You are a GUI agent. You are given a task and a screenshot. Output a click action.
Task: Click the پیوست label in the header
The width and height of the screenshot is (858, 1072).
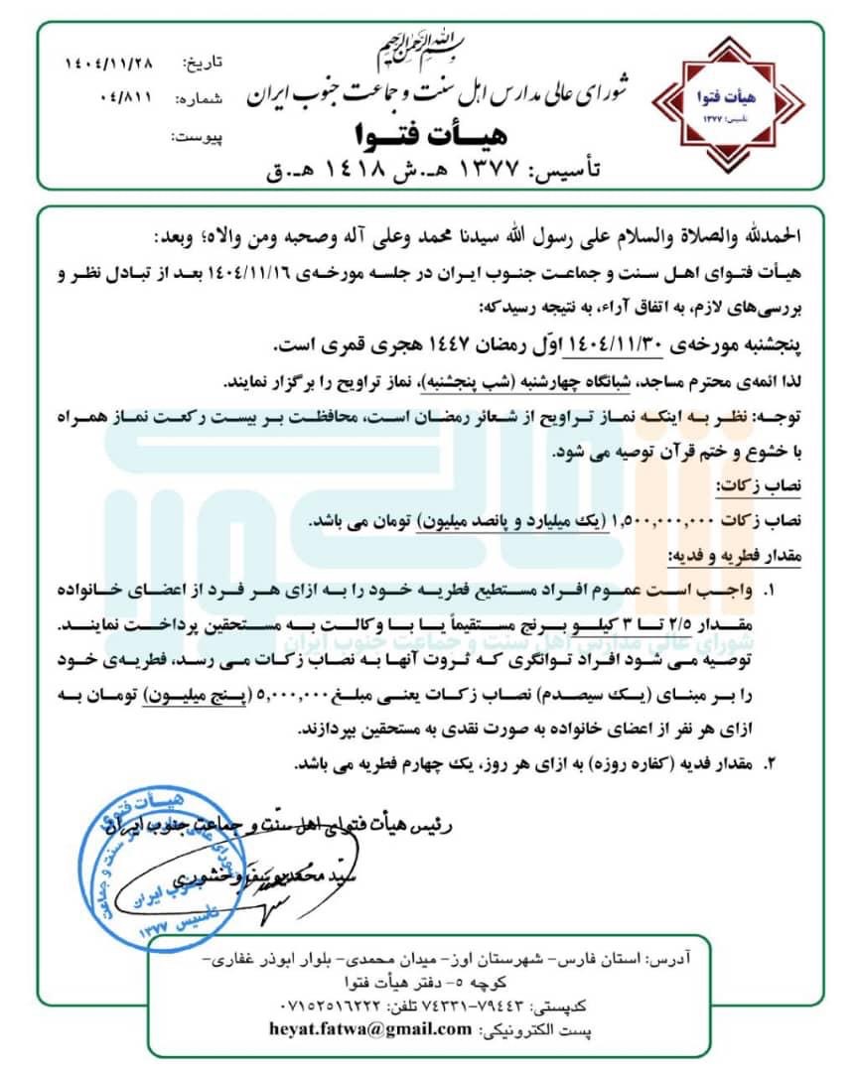pyautogui.click(x=200, y=136)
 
